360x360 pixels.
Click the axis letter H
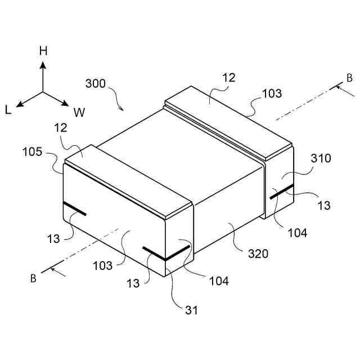(x=43, y=51)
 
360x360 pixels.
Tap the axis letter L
(x=8, y=110)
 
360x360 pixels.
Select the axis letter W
(x=79, y=112)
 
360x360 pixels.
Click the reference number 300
(x=96, y=83)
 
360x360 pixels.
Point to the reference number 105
(x=32, y=152)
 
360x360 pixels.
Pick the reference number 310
(x=320, y=159)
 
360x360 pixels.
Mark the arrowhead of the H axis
(x=43, y=63)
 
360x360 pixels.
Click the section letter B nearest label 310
(x=349, y=78)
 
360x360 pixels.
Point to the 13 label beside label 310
(x=324, y=205)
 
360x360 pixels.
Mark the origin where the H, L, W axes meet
(x=43, y=91)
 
